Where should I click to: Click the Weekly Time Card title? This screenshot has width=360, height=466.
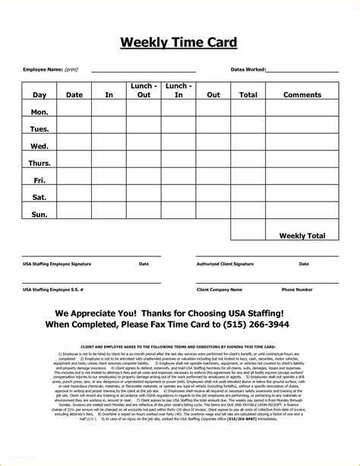tap(178, 43)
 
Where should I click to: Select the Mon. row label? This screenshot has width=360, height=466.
tap(39, 112)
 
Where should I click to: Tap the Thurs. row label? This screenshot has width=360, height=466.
tap(39, 163)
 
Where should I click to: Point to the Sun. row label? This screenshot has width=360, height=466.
tap(39, 214)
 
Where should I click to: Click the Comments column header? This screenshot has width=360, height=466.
tap(303, 95)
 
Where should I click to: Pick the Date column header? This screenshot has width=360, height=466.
tap(74, 95)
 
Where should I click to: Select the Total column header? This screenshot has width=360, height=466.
tap(248, 95)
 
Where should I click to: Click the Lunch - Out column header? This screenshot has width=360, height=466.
tap(144, 90)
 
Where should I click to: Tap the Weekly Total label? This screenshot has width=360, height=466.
tap(302, 236)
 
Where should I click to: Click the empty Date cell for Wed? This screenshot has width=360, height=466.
tap(74, 146)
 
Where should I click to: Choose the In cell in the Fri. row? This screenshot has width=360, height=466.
tap(109, 180)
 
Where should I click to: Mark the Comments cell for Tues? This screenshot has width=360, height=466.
tap(303, 128)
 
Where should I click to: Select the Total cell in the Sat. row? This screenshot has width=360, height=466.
tap(248, 197)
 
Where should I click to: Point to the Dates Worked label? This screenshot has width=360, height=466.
tap(248, 69)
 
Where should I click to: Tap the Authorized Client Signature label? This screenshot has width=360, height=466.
tap(225, 264)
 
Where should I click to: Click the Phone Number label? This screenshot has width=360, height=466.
tap(297, 290)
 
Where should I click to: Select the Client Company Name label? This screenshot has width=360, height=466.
tap(219, 290)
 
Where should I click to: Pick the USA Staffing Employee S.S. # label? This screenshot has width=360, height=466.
tap(53, 290)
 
